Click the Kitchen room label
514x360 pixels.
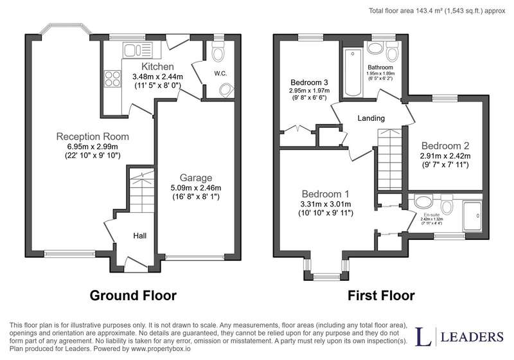[x=157, y=67]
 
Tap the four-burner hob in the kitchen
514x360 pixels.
[x=112, y=78]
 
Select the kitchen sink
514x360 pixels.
[x=137, y=50]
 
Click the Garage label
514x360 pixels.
[x=196, y=178]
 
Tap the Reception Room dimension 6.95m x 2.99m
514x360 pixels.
[x=93, y=147]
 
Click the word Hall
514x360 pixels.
[x=139, y=236]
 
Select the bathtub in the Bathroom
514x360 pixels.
[x=352, y=73]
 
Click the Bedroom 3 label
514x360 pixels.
[x=309, y=82]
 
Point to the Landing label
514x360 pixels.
[x=371, y=118]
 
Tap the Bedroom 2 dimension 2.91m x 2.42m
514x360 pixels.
[x=445, y=156]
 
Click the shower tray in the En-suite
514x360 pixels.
[x=472, y=216]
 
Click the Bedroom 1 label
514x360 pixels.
[x=326, y=194]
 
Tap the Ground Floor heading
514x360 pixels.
[x=133, y=296]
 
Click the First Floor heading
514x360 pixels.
[x=381, y=296]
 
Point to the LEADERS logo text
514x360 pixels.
[x=472, y=337]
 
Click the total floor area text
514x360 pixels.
[x=437, y=11]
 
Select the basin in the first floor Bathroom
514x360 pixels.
[x=375, y=48]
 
